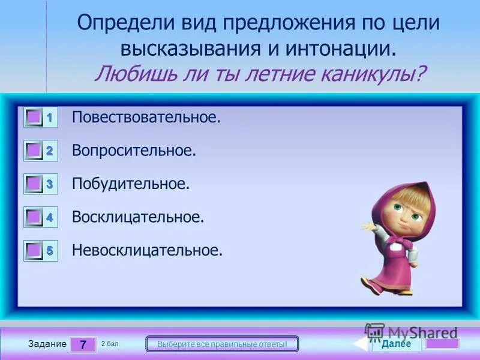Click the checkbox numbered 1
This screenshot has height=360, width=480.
[34, 118]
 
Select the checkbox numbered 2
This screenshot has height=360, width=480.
[34, 151]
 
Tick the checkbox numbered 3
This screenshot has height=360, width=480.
[34, 184]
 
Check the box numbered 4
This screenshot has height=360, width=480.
[34, 217]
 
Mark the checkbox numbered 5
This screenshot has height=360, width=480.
[34, 250]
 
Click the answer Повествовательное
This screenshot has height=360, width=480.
[146, 118]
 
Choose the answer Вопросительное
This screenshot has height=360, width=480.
[134, 151]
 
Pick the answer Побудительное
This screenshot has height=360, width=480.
[131, 184]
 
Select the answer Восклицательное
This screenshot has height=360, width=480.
[138, 217]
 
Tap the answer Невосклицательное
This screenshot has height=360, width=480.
[147, 250]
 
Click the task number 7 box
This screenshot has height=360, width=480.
[83, 344]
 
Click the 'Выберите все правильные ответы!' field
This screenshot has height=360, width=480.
[223, 344]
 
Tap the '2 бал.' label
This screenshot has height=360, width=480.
[111, 343]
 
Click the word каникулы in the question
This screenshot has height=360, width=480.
[375, 74]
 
